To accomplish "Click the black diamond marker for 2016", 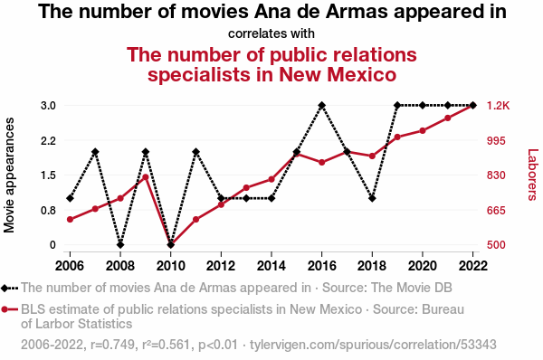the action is coord(321,105).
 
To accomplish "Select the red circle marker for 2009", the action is coord(146,177).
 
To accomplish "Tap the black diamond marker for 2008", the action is coord(120,245).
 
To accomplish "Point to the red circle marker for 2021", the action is coord(447,118).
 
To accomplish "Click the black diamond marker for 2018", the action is coord(372,198).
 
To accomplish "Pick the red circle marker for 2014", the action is coord(271,179).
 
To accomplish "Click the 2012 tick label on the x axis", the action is coord(221,266).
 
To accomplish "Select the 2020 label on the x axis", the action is coord(422,266).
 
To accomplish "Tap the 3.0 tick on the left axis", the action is coord(48,106).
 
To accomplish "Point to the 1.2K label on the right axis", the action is coord(499,106).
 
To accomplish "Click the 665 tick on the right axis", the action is coord(496,211).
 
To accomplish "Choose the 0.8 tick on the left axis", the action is coord(48,211).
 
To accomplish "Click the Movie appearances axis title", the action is coord(9,175).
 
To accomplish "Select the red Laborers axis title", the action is coord(533,175).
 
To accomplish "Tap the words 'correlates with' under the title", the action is coord(271,33).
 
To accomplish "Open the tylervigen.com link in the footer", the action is coord(373,345).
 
